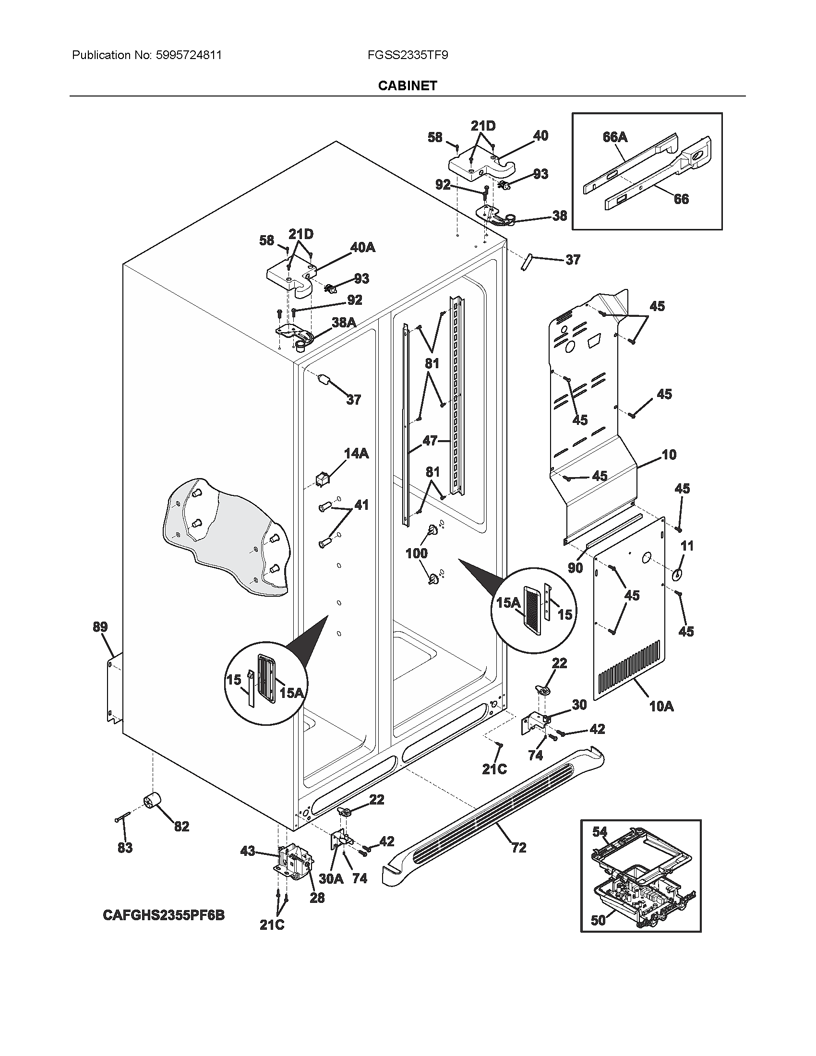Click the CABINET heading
[407, 85]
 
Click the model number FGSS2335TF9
[407, 55]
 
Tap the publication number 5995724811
[189, 55]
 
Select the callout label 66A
[615, 137]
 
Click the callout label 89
[100, 627]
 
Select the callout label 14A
[356, 453]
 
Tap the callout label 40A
[362, 247]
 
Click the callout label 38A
[344, 322]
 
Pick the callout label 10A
[661, 707]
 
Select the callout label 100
[416, 553]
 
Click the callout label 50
[598, 920]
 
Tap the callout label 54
[600, 832]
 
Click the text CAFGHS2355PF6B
[163, 915]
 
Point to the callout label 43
[248, 851]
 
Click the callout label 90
[575, 568]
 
